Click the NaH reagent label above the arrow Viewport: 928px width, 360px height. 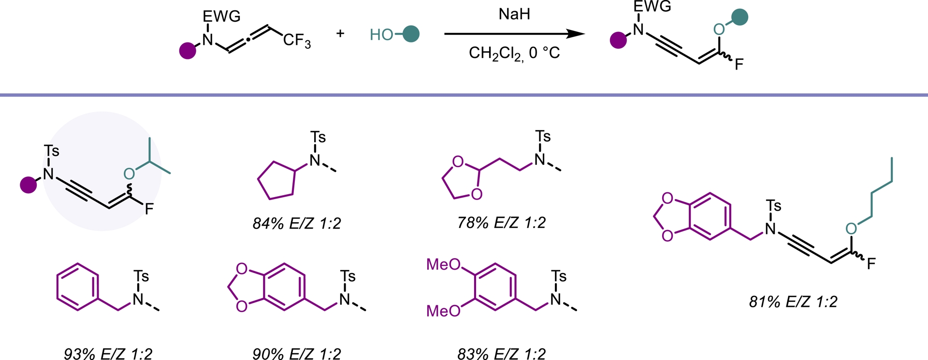coord(514,14)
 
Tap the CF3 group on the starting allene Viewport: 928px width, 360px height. coord(296,41)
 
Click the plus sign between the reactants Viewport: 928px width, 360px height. coord(340,33)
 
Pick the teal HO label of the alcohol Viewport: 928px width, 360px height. coord(381,35)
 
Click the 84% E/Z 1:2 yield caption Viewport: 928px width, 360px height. coord(297,223)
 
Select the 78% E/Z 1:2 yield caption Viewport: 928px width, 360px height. coord(502,223)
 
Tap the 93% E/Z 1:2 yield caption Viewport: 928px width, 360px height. coord(108,354)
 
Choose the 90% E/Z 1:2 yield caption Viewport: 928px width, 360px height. coord(297,354)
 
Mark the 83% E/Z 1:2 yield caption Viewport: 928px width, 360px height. coord(502,354)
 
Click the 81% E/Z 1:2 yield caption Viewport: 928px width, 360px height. coord(793,302)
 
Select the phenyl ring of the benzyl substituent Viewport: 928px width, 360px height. coord(78,287)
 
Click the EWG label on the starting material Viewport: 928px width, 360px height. coord(221,16)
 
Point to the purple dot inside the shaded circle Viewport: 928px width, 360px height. coord(29,185)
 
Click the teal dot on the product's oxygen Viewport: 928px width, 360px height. coord(739,17)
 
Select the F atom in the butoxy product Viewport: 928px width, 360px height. coord(871,263)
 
